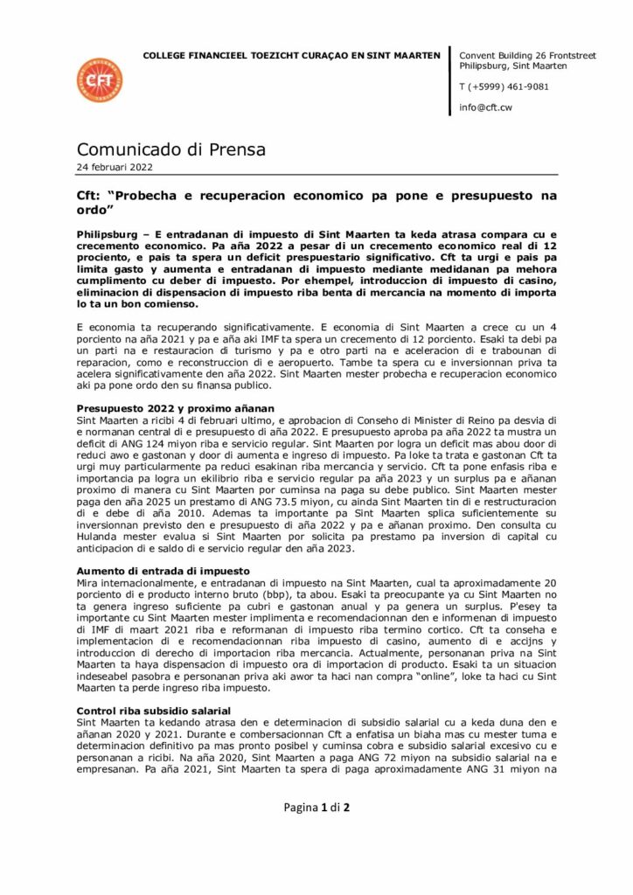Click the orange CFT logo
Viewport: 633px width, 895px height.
[99, 80]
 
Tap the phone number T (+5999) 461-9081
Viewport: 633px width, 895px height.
[504, 87]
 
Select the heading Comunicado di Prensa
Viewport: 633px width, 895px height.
[171, 149]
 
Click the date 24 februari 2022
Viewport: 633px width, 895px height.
[115, 167]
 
